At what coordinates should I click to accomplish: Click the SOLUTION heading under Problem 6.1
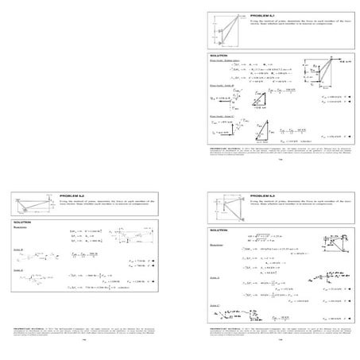[219, 55]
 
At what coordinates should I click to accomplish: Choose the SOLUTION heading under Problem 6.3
[219, 230]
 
